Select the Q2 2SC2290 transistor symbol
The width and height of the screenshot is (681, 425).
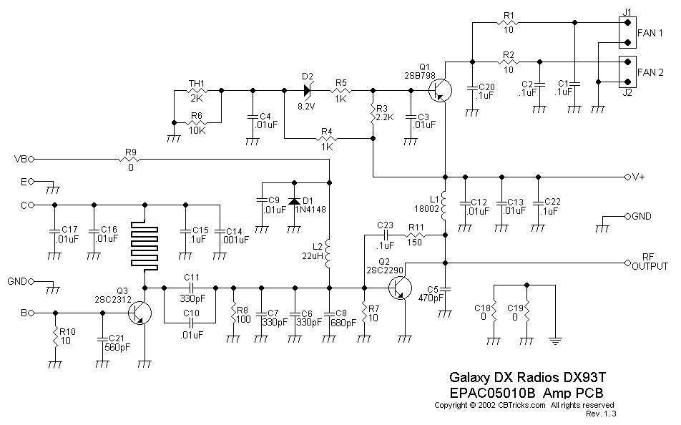[399, 288]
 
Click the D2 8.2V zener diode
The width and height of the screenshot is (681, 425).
[308, 90]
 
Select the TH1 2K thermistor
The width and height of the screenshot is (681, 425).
[197, 91]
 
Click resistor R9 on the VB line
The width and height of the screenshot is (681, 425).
[130, 159]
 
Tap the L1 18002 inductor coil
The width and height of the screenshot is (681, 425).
[445, 206]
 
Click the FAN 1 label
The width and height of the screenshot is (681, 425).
[650, 34]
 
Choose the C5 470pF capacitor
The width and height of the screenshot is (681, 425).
[445, 289]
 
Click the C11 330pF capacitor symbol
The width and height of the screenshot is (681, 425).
[190, 288]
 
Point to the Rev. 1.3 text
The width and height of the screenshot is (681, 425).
[601, 414]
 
